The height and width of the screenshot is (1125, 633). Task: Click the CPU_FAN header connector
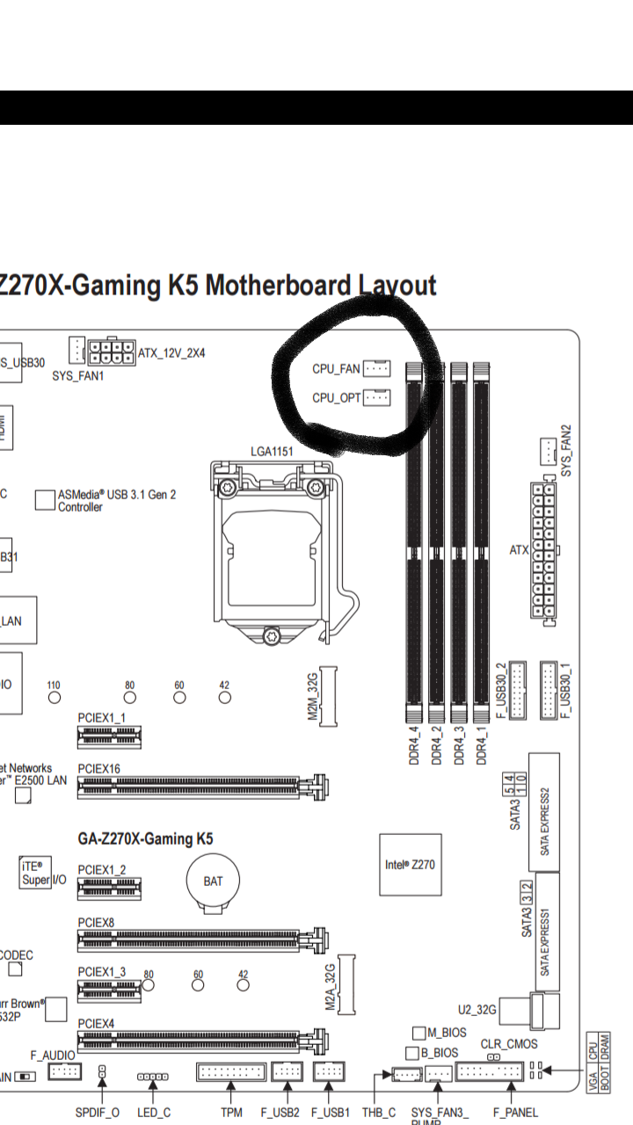pyautogui.click(x=376, y=369)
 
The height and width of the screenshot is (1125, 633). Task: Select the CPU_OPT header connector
pyautogui.click(x=376, y=398)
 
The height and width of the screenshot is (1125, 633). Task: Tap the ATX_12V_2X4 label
pyautogui.click(x=171, y=353)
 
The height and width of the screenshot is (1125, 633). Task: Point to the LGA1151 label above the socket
pyautogui.click(x=272, y=452)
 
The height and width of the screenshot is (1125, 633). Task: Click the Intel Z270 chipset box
pyautogui.click(x=410, y=865)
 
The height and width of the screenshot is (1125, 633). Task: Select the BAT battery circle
pyautogui.click(x=213, y=882)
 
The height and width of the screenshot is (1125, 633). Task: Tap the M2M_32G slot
pyautogui.click(x=328, y=696)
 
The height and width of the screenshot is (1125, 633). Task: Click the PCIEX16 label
pyautogui.click(x=98, y=769)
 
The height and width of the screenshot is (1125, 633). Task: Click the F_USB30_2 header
pyautogui.click(x=516, y=690)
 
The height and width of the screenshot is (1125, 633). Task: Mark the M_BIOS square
pyautogui.click(x=419, y=1033)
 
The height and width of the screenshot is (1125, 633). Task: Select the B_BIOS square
pyautogui.click(x=412, y=1052)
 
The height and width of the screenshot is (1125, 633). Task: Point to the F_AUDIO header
pyautogui.click(x=65, y=1072)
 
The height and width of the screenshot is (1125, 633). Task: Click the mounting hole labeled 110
pyautogui.click(x=55, y=698)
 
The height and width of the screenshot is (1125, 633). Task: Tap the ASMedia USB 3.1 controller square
pyautogui.click(x=46, y=500)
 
